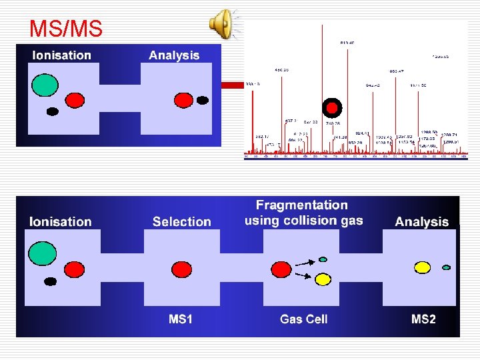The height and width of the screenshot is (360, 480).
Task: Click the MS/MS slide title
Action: [x=65, y=28]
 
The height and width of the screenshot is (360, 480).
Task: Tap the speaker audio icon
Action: [x=222, y=24]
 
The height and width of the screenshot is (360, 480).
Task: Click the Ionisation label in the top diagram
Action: [x=61, y=55]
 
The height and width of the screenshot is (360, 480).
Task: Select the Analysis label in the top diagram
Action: [x=174, y=55]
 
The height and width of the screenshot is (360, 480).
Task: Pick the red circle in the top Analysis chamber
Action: [x=183, y=100]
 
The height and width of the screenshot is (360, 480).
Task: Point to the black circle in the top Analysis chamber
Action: [x=203, y=101]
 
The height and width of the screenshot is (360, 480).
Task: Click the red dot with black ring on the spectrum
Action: [x=331, y=107]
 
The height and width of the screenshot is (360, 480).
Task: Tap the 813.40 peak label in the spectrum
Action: [x=347, y=43]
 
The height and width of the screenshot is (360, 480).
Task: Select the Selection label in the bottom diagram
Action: [x=181, y=221]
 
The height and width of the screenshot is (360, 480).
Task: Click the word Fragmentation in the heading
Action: [x=302, y=205]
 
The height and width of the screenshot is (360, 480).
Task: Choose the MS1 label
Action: [x=181, y=319]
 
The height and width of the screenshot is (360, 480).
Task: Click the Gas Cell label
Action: [x=303, y=319]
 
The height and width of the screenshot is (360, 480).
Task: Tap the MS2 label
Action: [x=423, y=319]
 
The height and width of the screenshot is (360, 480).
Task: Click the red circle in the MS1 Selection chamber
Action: [x=181, y=269]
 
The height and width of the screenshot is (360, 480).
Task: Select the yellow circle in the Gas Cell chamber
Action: [x=323, y=279]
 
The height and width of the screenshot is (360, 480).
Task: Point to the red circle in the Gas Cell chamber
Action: [x=280, y=270]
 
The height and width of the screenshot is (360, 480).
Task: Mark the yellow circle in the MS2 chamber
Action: [x=423, y=267]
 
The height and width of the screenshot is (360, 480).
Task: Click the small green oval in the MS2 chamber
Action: [x=447, y=268]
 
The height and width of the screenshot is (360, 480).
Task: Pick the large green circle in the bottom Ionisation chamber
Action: [x=42, y=251]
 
